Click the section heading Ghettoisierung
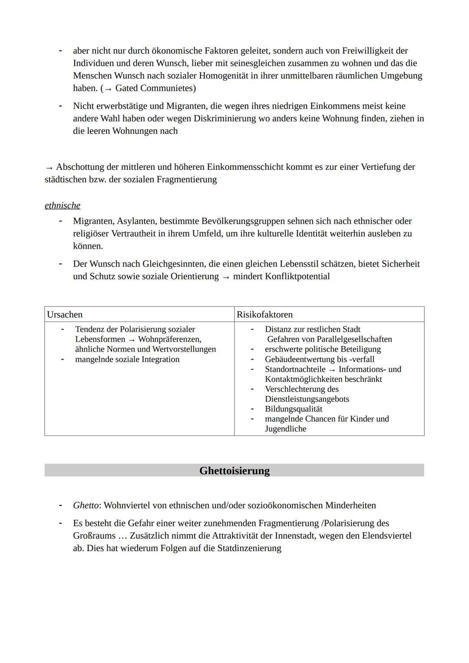(234, 471)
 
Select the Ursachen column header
(64, 314)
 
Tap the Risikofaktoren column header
(264, 314)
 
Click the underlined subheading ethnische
(62, 205)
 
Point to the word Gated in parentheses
(126, 88)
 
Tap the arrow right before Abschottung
(49, 168)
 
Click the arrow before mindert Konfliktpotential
(225, 277)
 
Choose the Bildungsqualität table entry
(294, 409)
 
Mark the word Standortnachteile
(295, 369)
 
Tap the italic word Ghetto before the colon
(86, 505)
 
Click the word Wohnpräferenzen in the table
(169, 339)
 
